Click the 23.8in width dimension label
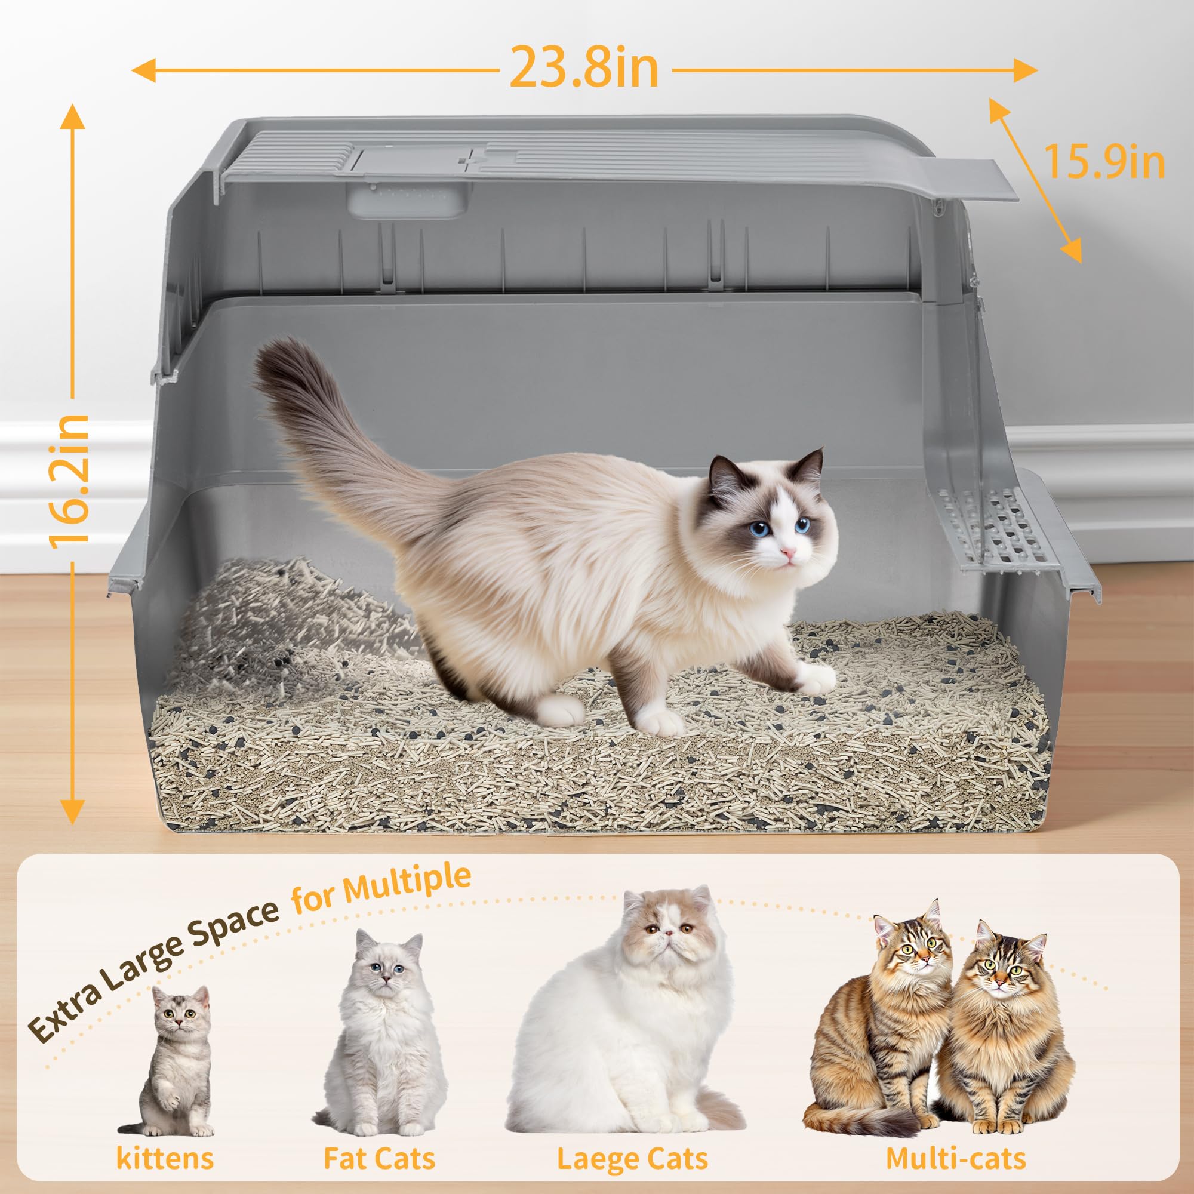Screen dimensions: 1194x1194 click(x=584, y=69)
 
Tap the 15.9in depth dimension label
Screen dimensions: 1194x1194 click(x=1104, y=162)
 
